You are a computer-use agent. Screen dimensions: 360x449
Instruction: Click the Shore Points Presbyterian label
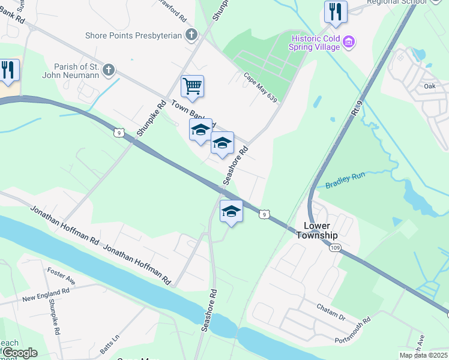point(133,35)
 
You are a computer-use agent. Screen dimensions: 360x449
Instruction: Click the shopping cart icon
point(192,86)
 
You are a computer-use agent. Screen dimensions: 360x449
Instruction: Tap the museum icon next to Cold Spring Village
point(349,41)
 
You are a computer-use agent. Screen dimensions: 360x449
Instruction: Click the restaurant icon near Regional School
point(336,12)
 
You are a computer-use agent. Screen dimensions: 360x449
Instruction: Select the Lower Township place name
point(316,230)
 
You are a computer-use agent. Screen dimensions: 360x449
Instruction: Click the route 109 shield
point(334,247)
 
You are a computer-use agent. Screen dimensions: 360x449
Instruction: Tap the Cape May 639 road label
point(261,88)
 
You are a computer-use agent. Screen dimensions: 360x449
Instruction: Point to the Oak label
point(429,86)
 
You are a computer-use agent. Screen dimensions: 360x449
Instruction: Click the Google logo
point(19,353)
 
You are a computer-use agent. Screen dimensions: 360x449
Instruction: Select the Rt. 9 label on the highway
point(358,109)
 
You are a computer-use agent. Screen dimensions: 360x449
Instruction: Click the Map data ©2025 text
point(423,355)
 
